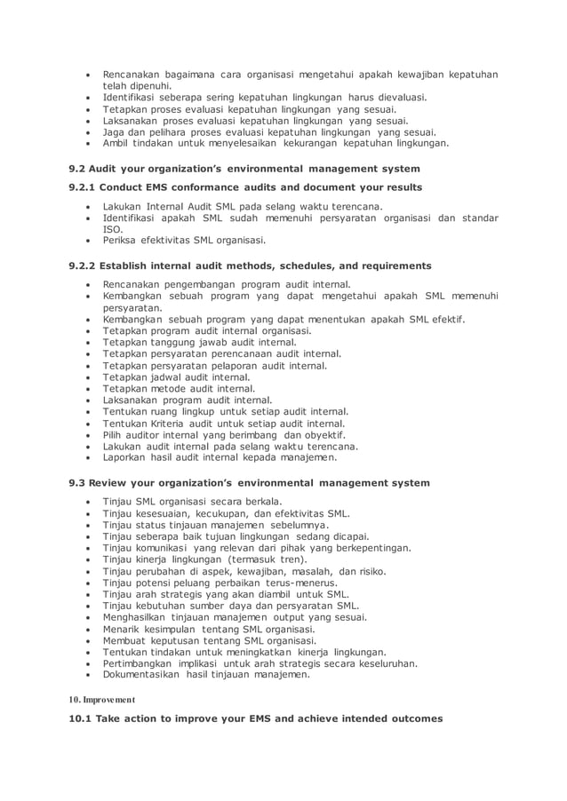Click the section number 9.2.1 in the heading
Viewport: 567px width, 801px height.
click(82, 187)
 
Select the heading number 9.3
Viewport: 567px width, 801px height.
click(77, 483)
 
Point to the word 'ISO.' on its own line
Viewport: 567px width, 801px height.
click(113, 228)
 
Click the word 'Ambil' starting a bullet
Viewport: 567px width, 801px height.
click(116, 143)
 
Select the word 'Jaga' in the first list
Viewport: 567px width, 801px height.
click(114, 131)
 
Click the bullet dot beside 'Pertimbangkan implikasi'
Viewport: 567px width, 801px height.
click(87, 663)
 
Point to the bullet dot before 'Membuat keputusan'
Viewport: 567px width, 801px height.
click(87, 640)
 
